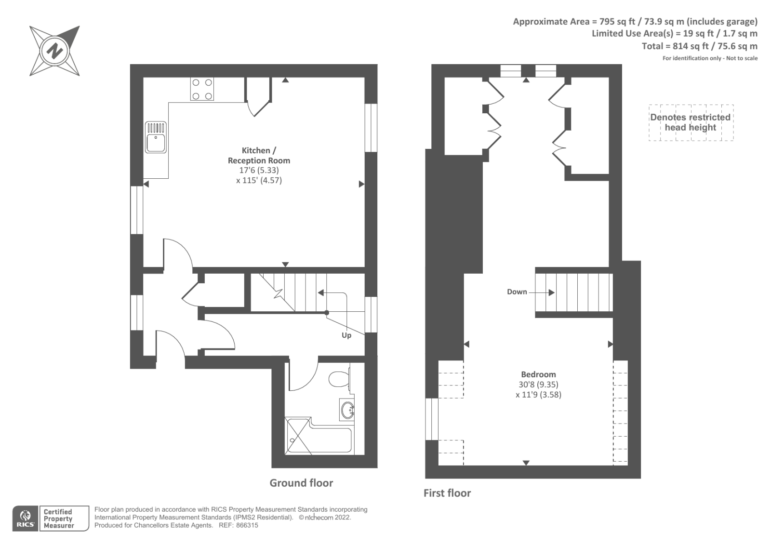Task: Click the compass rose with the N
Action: coord(54,51)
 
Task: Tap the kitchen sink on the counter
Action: coord(156,137)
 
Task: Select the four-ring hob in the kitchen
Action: coord(202,89)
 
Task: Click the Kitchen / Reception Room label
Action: coord(259,155)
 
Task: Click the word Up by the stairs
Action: coord(346,335)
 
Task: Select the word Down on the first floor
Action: coord(517,292)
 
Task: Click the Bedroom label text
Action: coord(538,374)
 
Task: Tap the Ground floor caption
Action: coord(301,483)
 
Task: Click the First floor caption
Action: coord(447,493)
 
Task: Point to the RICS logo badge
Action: coord(25,518)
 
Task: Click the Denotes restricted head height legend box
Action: coord(691,122)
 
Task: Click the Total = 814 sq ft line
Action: coord(699,46)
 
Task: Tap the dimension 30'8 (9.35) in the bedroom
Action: coord(538,385)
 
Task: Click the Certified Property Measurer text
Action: coord(58,518)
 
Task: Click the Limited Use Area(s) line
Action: coord(674,34)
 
